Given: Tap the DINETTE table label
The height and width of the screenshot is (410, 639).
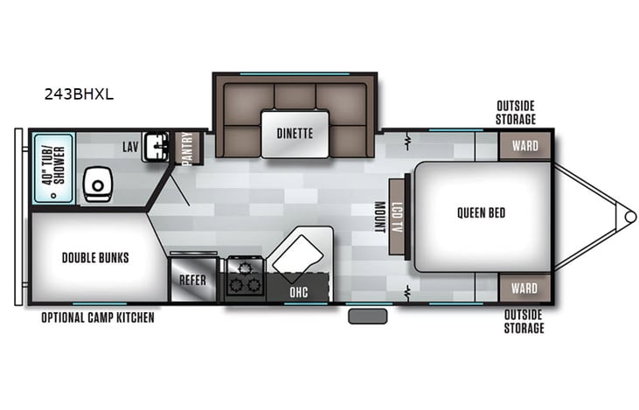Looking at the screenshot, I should click(x=295, y=134).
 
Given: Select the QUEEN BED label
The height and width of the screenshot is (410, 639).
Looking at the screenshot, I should click(x=480, y=212).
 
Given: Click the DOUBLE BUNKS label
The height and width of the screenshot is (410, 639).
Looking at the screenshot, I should click(x=95, y=257).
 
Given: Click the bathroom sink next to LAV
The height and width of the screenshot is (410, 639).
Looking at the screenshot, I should click(x=156, y=145).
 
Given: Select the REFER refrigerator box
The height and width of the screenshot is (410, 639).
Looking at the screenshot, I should click(x=193, y=280).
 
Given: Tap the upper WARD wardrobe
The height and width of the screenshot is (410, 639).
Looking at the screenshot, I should click(x=524, y=145).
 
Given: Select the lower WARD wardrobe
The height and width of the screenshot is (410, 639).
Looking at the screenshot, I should click(x=524, y=287).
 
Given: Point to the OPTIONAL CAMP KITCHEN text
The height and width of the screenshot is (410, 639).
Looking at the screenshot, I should click(x=98, y=317).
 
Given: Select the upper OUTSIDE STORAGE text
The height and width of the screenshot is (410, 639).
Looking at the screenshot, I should click(x=516, y=113).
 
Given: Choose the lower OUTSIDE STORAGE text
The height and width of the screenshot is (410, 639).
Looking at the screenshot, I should click(x=524, y=321).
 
